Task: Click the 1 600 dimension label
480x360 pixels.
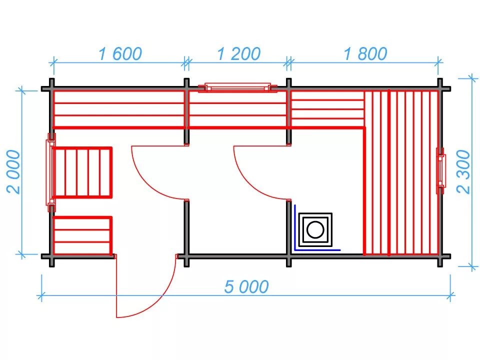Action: click(120, 53)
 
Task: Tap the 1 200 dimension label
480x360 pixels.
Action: click(238, 53)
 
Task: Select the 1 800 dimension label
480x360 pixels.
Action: click(365, 53)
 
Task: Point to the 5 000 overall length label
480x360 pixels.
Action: click(246, 286)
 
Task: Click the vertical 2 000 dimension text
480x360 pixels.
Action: click(13, 171)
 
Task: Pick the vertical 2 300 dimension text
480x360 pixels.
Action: click(463, 171)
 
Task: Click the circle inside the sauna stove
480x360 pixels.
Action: click(314, 230)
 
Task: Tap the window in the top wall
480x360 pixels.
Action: click(237, 88)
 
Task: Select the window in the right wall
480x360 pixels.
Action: click(440, 171)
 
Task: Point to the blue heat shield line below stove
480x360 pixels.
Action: click(317, 249)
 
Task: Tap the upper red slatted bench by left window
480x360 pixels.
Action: click(82, 172)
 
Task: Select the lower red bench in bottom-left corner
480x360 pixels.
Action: click(82, 235)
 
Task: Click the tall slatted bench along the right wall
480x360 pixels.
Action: click(402, 172)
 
